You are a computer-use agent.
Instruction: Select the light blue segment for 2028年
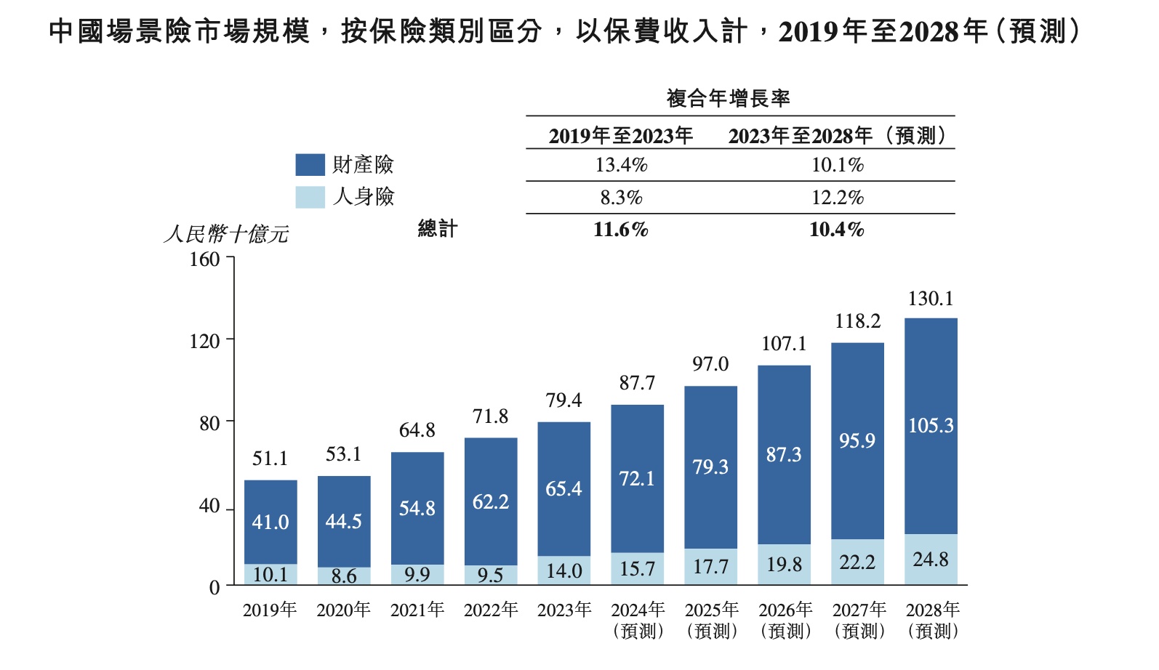pos(931,560)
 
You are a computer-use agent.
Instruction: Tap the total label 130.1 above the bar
pos(930,299)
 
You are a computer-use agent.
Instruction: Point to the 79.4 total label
pos(564,400)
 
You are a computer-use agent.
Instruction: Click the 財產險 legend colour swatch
pos(310,165)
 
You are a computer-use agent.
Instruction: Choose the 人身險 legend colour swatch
pos(310,197)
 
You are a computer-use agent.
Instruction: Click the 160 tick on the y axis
pos(204,259)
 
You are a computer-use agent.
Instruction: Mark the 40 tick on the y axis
pos(209,506)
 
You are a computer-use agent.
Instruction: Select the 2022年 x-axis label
pos(490,610)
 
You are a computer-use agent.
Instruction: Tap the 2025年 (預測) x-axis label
pos(711,620)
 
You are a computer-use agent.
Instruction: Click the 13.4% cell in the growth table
pos(621,165)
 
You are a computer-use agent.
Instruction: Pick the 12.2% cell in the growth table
pos(837,198)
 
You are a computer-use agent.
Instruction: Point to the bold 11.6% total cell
pos(620,230)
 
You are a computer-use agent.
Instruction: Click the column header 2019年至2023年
pos(620,136)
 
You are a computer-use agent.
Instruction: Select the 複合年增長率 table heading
pos(728,99)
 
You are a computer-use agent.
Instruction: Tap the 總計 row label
pos(438,229)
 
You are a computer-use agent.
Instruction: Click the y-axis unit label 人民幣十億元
pos(226,234)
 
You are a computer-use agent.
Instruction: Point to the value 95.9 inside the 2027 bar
pos(857,441)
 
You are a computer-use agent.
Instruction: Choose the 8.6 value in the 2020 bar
pos(344,576)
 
